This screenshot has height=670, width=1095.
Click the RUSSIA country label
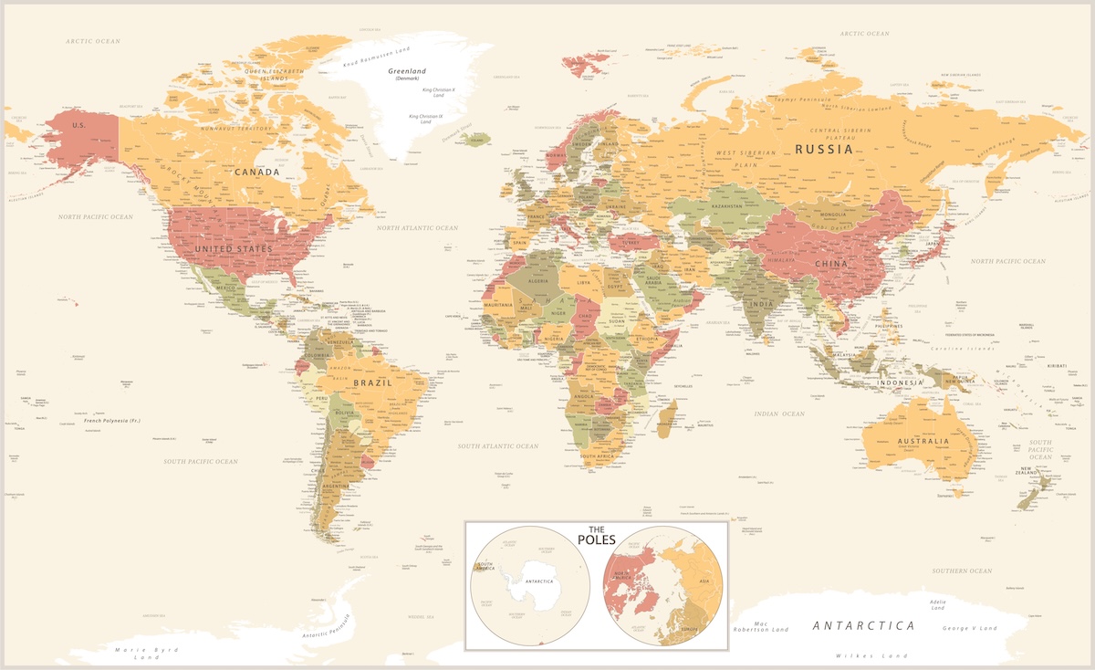point(823,149)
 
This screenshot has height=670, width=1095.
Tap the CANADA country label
point(256,172)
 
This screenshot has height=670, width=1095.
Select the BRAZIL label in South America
point(373,383)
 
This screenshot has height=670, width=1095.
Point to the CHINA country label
point(830,264)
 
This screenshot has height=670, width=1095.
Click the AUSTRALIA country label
point(923,442)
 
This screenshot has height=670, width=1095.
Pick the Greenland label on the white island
point(406,71)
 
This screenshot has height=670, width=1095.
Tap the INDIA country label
point(761,303)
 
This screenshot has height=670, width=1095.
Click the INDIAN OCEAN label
point(778,414)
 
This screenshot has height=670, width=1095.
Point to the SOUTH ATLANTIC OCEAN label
point(498,446)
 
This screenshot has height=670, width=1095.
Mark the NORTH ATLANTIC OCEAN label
point(418,227)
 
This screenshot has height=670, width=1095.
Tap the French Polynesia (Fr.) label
point(112,421)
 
